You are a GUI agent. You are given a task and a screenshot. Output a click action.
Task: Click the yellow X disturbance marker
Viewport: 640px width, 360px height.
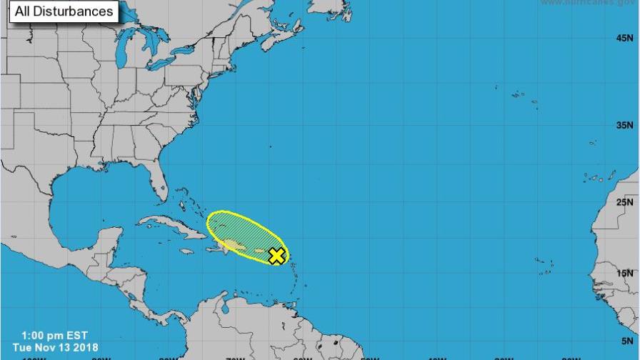pyautogui.click(x=276, y=256)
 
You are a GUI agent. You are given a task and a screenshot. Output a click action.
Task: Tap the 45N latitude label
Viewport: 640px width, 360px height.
pyautogui.click(x=624, y=38)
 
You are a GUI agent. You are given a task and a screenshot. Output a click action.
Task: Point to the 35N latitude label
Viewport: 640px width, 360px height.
pyautogui.click(x=624, y=125)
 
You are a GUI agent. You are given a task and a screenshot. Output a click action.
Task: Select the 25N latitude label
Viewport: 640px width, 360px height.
pyautogui.click(x=624, y=202)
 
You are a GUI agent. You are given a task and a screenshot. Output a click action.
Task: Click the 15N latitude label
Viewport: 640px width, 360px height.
pyautogui.click(x=624, y=273)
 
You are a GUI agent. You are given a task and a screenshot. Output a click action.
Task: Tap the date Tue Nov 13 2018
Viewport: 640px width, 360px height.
pyautogui.click(x=50, y=347)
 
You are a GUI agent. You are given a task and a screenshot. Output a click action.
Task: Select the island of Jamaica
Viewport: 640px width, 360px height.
pyautogui.click(x=186, y=251)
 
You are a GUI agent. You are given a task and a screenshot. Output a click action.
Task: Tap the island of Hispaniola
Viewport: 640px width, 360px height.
pyautogui.click(x=232, y=246)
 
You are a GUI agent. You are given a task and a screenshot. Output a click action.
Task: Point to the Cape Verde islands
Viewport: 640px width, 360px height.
pyautogui.click(x=543, y=266)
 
